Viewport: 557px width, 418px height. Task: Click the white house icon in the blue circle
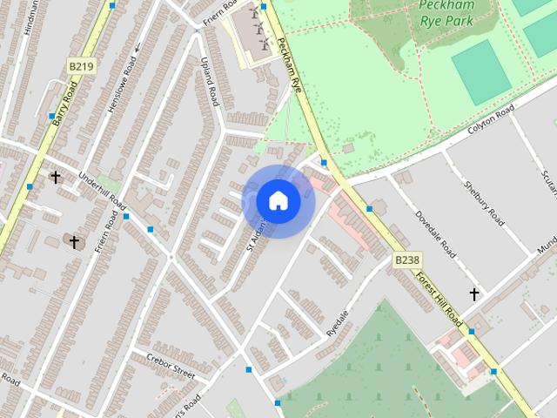pos(278,200)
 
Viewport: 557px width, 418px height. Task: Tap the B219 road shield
pos(81,65)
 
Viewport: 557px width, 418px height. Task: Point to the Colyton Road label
pos(492,119)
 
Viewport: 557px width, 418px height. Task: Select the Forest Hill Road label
pos(440,295)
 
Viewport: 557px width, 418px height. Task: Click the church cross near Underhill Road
pos(56,178)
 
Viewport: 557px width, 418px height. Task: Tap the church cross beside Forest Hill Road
pos(474,294)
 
